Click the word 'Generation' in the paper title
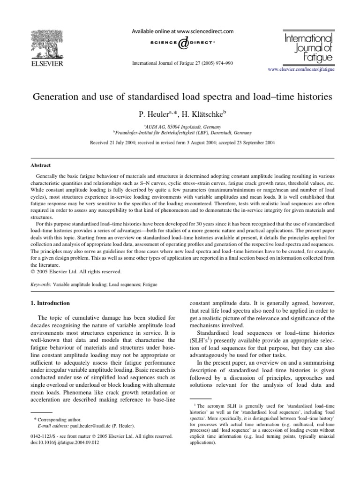54,97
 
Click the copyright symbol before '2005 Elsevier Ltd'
33,271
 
